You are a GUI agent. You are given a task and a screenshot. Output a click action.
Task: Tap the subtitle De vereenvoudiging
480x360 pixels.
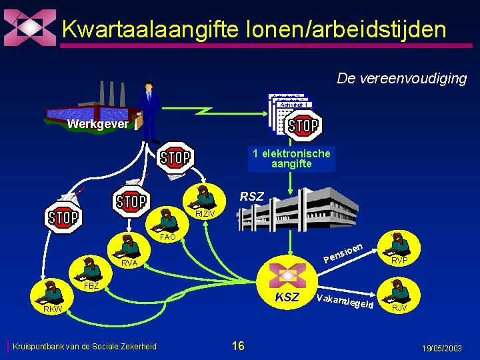401,79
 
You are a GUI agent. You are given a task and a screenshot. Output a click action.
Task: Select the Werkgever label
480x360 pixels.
97,124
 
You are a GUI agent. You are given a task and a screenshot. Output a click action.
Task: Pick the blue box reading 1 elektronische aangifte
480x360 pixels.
291,159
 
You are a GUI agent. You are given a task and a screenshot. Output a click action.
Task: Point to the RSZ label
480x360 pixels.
251,197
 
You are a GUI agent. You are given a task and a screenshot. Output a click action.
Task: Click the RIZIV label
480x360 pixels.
205,213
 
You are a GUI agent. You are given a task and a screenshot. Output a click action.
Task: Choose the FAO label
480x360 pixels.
168,237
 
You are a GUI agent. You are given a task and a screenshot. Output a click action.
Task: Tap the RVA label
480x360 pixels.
129,263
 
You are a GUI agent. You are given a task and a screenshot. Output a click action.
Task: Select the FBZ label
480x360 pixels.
91,285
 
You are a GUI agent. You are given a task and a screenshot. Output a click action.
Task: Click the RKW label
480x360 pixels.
53,309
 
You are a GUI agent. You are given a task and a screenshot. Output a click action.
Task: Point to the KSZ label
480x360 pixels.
287,297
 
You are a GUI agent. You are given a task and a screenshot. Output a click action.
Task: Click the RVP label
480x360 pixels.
400,260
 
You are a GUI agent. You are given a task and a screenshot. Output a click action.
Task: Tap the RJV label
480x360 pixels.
400,308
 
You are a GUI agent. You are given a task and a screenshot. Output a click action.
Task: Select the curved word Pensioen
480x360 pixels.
343,253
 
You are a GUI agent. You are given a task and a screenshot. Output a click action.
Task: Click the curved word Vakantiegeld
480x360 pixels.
344,303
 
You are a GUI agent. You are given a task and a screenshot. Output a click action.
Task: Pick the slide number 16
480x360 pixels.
238,345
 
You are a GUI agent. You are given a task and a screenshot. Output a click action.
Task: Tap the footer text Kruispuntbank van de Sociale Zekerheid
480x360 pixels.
84,346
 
